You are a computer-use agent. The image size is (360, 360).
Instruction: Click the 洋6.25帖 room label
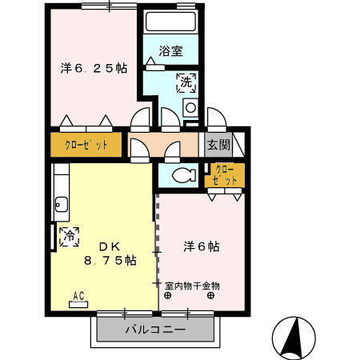pyautogui.click(x=93, y=69)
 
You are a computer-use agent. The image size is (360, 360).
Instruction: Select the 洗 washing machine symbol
pyautogui.click(x=185, y=82)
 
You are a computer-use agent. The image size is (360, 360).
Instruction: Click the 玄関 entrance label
pyautogui.click(x=218, y=145)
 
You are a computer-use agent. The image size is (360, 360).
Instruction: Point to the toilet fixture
pyautogui.click(x=183, y=175)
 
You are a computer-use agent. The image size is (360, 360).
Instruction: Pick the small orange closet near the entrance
pyautogui.click(x=225, y=175)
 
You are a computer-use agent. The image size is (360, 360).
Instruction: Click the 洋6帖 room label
pyautogui.click(x=203, y=247)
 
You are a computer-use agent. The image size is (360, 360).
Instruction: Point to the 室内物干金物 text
pyautogui.click(x=192, y=285)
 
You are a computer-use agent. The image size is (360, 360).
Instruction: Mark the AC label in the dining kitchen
pyautogui.click(x=78, y=295)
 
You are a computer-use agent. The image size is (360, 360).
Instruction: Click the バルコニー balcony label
pyautogui.click(x=156, y=330)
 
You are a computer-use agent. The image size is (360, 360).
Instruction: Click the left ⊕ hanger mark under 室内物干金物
pyautogui.click(x=169, y=295)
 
